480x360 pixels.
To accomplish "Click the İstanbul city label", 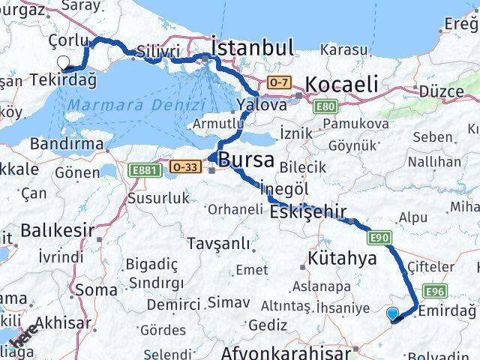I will point(253,49).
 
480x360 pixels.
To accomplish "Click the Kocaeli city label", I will point(342,84).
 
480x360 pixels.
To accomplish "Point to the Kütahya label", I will point(342,259).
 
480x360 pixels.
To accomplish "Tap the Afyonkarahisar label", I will point(286,352).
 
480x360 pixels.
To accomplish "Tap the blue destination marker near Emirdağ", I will point(392,313).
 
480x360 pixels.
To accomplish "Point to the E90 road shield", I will point(379,238).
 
